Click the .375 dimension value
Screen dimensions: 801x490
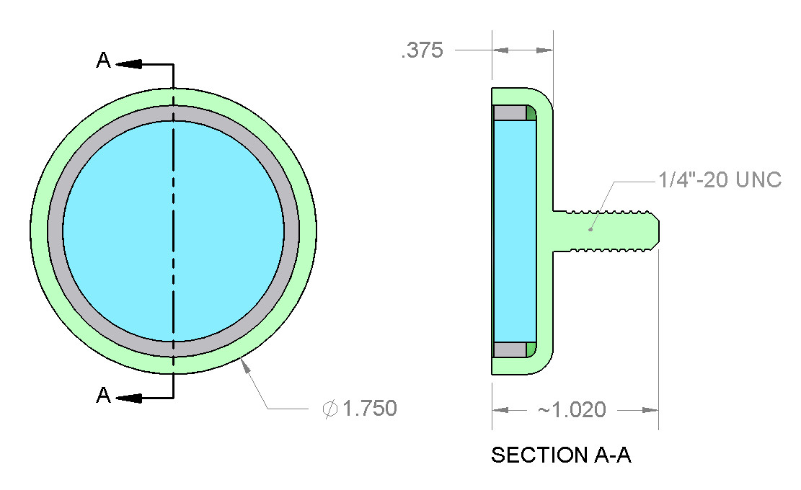pyautogui.click(x=422, y=50)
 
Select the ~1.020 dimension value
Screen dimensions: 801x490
pyautogui.click(x=572, y=409)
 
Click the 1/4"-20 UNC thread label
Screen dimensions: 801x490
pyautogui.click(x=720, y=179)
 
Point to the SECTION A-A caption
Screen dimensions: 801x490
pyautogui.click(x=562, y=455)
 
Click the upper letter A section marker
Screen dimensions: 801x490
pyautogui.click(x=104, y=61)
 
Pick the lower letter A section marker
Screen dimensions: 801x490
pyautogui.click(x=104, y=395)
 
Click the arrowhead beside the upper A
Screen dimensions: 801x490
pyautogui.click(x=129, y=64)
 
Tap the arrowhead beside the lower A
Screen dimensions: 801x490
pyautogui.click(x=129, y=398)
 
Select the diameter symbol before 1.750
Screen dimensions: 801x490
pyautogui.click(x=330, y=409)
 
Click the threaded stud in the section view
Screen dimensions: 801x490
pyautogui.click(x=606, y=231)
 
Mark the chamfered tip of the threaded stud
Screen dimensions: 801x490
pyautogui.click(x=655, y=231)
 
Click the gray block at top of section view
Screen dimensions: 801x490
pyautogui.click(x=510, y=113)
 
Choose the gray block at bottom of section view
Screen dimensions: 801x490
pyautogui.click(x=510, y=349)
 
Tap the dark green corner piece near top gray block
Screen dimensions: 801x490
pyautogui.click(x=531, y=113)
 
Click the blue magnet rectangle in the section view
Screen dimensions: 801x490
pyautogui.click(x=515, y=231)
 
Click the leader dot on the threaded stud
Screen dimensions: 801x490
pyautogui.click(x=590, y=229)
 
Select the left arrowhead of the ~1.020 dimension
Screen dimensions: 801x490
pyautogui.click(x=500, y=410)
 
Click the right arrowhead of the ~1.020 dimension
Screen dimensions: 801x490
pyautogui.click(x=650, y=410)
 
